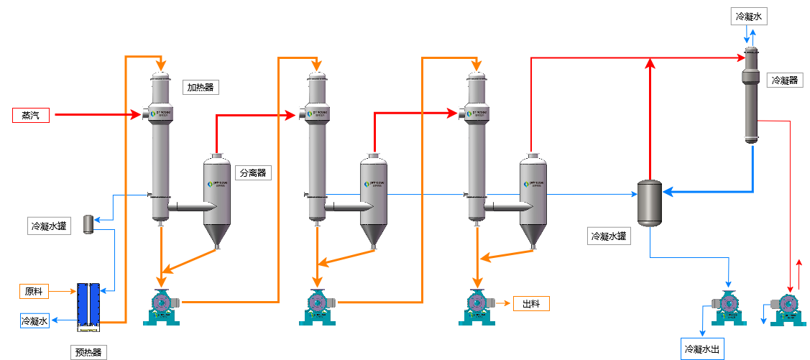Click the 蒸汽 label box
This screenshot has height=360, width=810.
[30, 115]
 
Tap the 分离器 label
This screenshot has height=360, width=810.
[252, 172]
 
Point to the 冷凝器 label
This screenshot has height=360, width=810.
[784, 80]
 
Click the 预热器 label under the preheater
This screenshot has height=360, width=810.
[89, 352]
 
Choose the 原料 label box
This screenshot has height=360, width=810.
[34, 291]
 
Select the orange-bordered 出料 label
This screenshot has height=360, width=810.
[531, 304]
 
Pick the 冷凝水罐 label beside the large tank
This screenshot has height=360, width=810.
[609, 236]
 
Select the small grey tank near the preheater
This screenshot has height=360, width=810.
[90, 223]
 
